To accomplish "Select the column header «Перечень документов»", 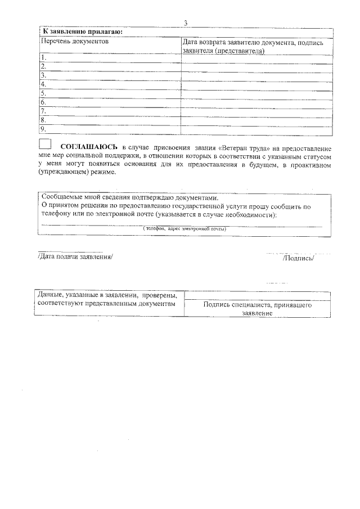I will [74, 42].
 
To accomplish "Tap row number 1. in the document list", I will [43, 57].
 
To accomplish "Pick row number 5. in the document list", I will [43, 93].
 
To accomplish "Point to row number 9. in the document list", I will [43, 129].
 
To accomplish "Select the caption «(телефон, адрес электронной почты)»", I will [184, 229].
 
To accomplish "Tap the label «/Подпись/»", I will [298, 258].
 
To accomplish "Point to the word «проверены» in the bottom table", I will [160, 295].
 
